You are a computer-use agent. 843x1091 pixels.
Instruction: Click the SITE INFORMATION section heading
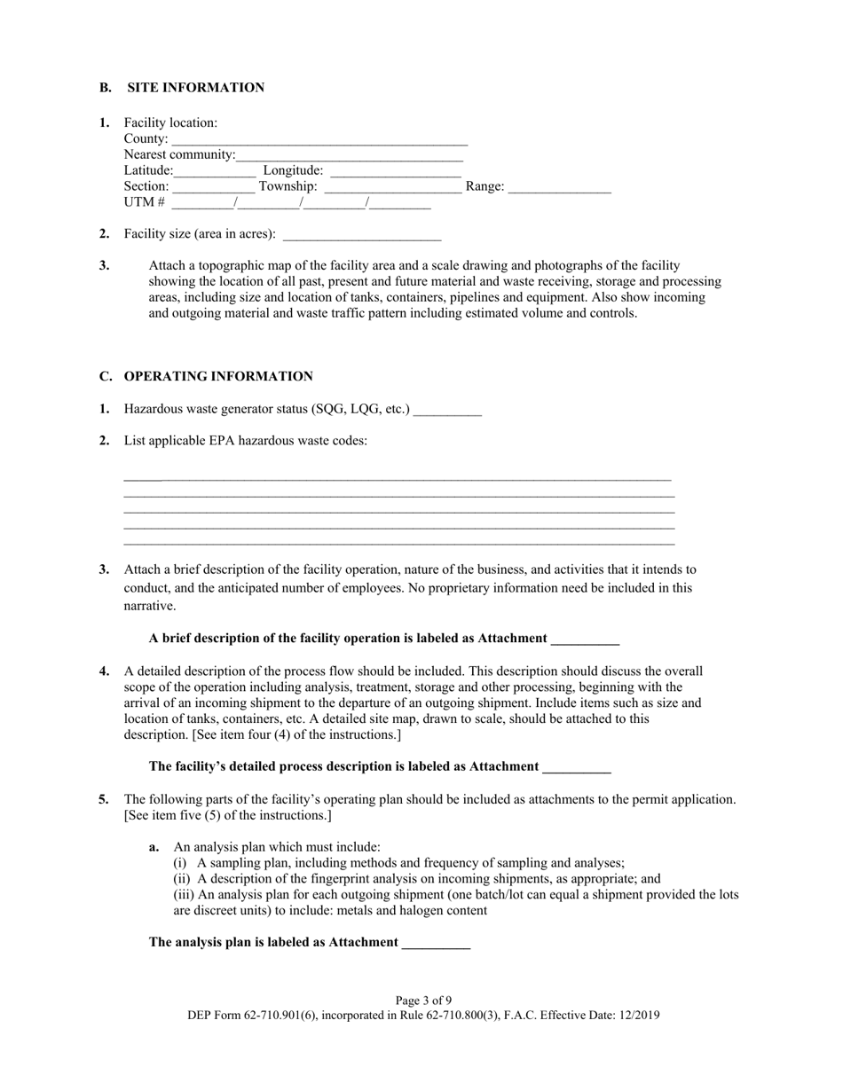[195, 88]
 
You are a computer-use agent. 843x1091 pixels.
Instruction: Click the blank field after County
[319, 140]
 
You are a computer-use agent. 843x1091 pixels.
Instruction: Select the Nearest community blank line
[350, 156]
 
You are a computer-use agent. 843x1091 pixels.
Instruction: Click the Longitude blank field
[396, 172]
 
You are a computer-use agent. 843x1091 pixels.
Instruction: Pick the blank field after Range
[560, 188]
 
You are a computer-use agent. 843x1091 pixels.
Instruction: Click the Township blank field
[393, 188]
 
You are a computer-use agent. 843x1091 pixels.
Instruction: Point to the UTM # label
[144, 203]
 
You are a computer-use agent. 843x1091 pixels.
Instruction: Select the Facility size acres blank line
[361, 236]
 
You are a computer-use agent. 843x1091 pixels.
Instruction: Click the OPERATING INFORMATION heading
[218, 377]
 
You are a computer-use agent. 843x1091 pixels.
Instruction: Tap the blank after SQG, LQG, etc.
[447, 411]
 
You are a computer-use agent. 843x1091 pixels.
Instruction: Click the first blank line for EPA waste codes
[398, 478]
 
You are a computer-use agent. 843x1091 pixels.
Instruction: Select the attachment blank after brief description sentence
[585, 640]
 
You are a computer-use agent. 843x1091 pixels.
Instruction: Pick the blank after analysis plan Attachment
[436, 944]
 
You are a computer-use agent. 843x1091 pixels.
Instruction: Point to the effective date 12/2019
[637, 1016]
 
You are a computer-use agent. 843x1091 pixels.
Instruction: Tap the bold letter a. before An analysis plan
[154, 847]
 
